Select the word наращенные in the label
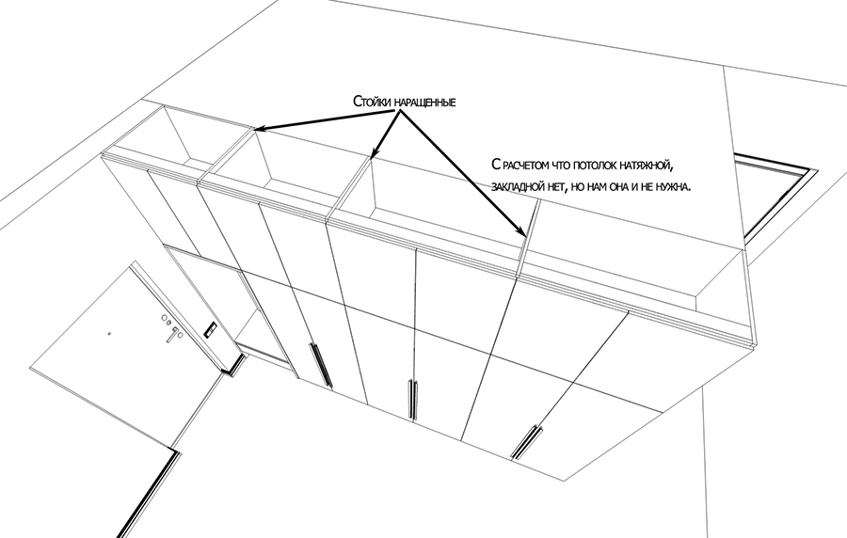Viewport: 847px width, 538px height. coord(423,101)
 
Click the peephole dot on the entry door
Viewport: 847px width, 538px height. coord(110,333)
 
